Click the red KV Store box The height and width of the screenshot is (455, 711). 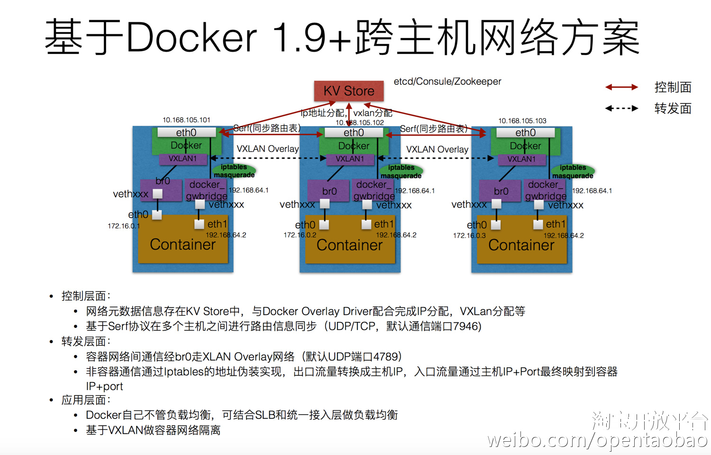349,91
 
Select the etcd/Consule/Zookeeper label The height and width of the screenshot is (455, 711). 447,82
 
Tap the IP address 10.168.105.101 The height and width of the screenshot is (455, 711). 186,120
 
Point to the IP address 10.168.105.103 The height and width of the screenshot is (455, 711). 522,121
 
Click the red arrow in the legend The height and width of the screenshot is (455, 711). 621,87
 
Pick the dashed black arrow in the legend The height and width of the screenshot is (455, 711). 621,109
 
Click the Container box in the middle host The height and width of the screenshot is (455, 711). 350,245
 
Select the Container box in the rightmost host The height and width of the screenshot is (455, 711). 521,245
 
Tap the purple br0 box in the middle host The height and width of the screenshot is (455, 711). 329,191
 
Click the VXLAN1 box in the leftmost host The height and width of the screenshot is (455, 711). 183,159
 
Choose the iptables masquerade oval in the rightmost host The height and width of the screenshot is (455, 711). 573,172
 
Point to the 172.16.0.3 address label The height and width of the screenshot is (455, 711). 469,235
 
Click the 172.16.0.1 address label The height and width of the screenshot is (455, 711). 124,226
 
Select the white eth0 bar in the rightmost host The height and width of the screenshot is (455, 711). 525,133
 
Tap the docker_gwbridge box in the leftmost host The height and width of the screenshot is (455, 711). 206,190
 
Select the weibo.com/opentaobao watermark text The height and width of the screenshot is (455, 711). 597,440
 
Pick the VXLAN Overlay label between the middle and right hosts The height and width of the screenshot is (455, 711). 437,149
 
